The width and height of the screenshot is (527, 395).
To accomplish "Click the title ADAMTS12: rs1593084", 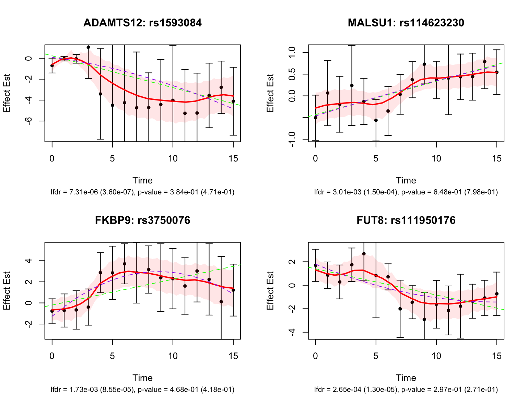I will [142, 23].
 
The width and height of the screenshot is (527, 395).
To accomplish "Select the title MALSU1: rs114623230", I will [406, 23].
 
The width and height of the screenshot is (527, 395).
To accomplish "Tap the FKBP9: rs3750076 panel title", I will [142, 220].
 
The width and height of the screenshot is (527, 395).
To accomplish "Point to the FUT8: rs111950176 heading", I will [406, 220].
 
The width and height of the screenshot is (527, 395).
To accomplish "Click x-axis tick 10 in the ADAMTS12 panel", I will [173, 158].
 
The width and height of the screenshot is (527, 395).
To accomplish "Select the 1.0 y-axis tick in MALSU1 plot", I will [292, 52].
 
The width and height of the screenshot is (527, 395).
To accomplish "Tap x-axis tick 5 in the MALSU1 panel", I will [376, 158].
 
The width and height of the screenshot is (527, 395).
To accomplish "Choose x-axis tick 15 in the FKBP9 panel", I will [233, 356].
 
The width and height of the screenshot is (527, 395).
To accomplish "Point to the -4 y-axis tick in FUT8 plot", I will [292, 332].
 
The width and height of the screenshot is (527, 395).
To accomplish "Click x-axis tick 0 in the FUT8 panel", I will [316, 356].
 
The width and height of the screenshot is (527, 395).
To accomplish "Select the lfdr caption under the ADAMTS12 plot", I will [142, 192].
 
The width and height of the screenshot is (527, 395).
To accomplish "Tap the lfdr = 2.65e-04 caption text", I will [406, 390].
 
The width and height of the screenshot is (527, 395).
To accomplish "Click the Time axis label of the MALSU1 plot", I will [406, 180].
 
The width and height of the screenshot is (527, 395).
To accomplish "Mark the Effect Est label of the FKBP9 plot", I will [7, 291].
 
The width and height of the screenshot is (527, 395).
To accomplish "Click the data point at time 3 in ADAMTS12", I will [88, 47].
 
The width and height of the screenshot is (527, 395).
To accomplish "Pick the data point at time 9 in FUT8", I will [424, 319].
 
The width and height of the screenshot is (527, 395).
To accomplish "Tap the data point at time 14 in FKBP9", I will [221, 302].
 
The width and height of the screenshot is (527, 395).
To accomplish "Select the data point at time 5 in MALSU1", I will [376, 120].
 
